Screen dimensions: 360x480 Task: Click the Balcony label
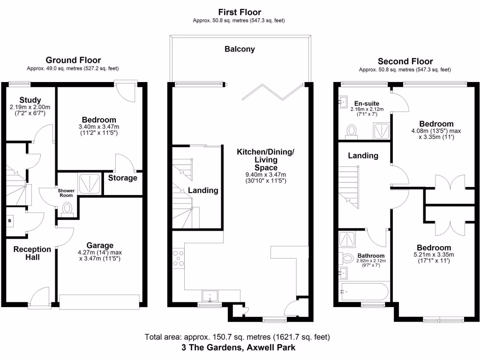240,49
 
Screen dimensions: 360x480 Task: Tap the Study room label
30,100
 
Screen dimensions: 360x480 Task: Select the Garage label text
99,245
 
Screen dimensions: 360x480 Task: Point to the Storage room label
123,178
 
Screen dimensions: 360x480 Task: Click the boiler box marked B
10,220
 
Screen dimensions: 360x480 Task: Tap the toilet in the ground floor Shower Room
67,208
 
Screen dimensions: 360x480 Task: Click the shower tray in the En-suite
381,130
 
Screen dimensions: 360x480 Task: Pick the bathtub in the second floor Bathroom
363,291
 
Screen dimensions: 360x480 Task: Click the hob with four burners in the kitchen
179,258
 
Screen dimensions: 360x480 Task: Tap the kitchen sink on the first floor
210,296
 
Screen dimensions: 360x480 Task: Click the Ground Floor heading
73,60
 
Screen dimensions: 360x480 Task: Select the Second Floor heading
405,61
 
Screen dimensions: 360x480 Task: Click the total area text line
238,337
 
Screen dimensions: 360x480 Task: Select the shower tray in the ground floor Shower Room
89,183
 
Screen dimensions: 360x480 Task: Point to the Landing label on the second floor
363,156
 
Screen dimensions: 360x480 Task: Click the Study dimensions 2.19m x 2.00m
30,107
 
